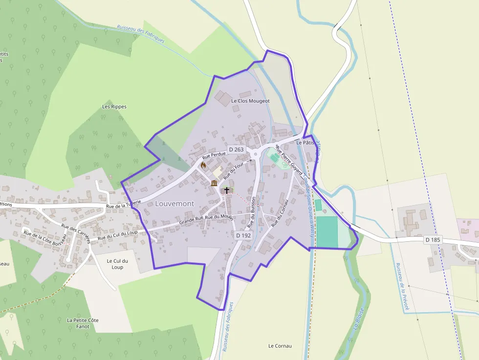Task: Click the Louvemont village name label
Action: (x=174, y=203)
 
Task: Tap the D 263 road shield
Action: (x=236, y=149)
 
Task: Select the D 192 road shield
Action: (x=243, y=235)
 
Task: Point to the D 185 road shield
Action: (x=433, y=240)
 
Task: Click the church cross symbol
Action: (x=227, y=190)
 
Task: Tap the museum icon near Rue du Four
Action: (x=214, y=183)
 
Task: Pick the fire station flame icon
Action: (x=203, y=166)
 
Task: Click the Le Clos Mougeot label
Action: (x=250, y=101)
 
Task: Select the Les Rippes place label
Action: (x=114, y=106)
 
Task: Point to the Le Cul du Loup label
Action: (x=117, y=264)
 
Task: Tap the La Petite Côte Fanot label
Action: (x=83, y=323)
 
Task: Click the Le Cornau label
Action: (x=280, y=346)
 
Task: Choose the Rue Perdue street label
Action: (x=214, y=156)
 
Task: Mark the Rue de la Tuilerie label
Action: (x=123, y=204)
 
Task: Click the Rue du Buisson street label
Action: (x=251, y=212)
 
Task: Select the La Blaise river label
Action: (x=359, y=318)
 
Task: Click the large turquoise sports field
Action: (x=327, y=232)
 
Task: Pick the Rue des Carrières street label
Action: (x=76, y=231)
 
